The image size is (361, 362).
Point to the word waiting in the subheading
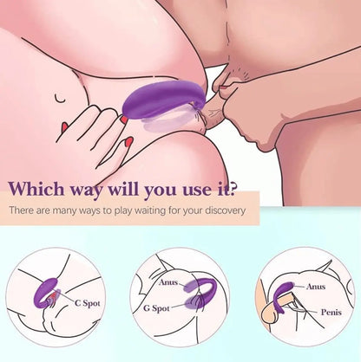177,210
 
